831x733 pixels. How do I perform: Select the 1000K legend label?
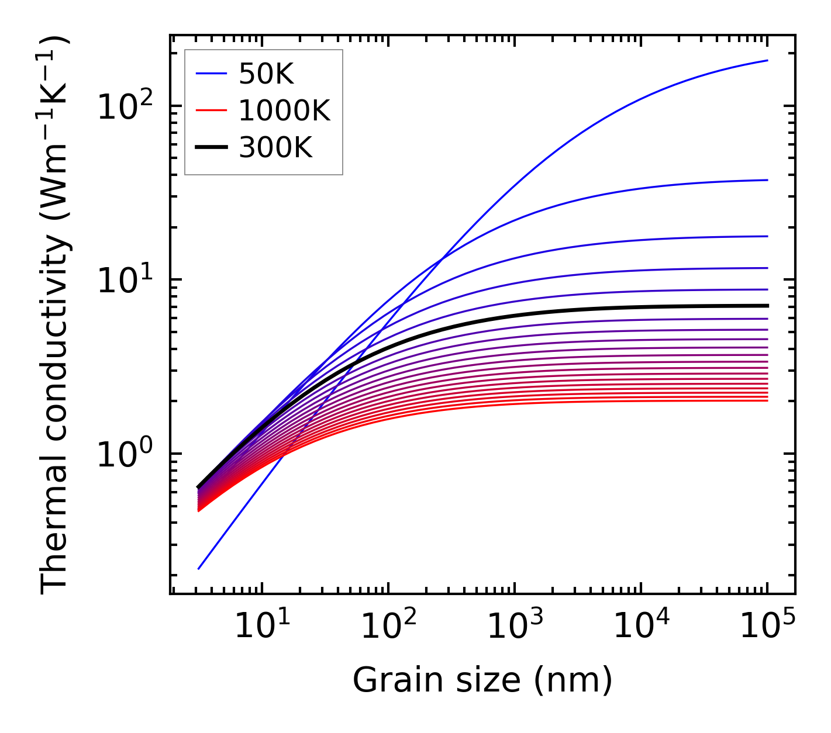click(284, 110)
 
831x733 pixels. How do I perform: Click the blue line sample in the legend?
click(211, 74)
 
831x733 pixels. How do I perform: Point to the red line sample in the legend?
click(211, 110)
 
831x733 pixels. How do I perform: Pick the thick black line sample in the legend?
click(211, 148)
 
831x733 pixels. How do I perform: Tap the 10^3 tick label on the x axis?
click(514, 627)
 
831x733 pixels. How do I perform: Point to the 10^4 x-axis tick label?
click(640, 627)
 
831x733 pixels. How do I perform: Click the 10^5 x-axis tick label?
click(767, 627)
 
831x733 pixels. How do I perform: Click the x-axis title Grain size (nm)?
click(482, 680)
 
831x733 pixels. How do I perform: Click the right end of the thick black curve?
click(767, 306)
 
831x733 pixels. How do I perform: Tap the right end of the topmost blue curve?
click(767, 60)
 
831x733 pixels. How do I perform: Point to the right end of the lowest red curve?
click(767, 400)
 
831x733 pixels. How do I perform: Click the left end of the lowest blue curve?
click(199, 569)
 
